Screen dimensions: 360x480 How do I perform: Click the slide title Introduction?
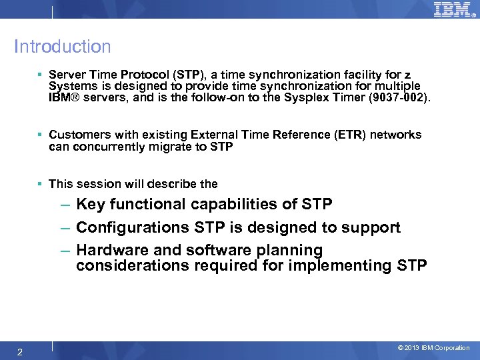coord(63,47)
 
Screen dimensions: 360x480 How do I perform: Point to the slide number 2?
coord(20,352)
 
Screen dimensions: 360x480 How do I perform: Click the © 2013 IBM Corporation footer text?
coord(433,348)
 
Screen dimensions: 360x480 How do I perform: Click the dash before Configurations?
coord(65,228)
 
